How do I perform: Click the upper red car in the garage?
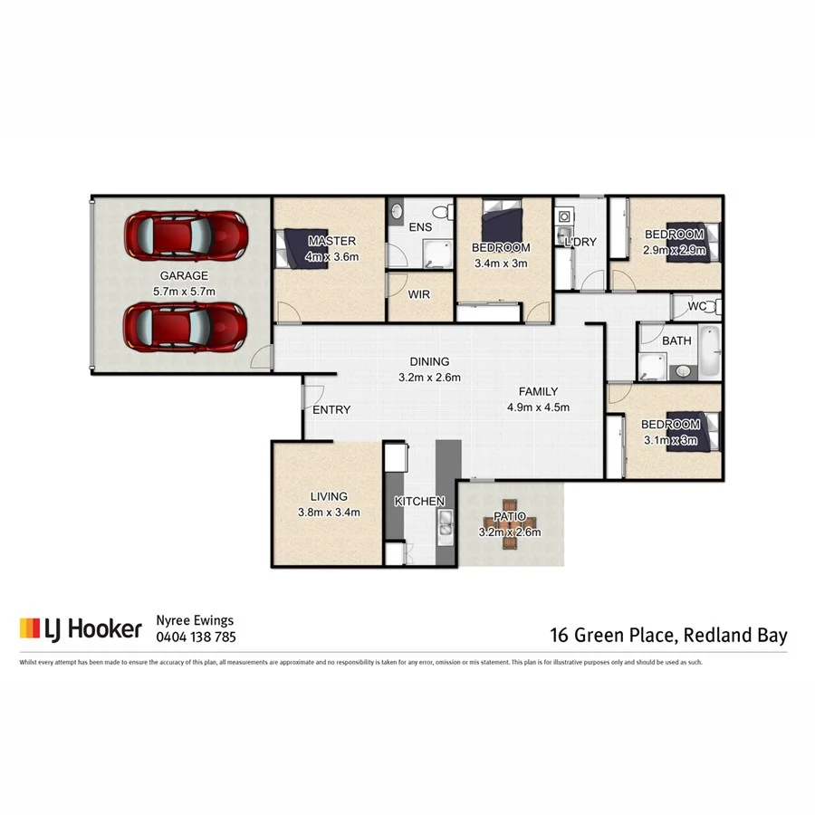pos(186,235)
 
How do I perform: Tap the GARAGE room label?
pos(184,275)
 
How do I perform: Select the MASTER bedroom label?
pos(331,241)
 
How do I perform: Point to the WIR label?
pos(419,295)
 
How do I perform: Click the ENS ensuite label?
pos(419,226)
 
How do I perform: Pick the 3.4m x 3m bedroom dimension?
pos(502,264)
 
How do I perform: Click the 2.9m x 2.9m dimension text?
pos(673,250)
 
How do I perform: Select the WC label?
pos(696,306)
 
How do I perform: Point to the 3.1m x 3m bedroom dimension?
pos(670,439)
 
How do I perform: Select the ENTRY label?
pos(331,410)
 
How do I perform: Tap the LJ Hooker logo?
pos(81,628)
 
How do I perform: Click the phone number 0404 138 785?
pos(197,637)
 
